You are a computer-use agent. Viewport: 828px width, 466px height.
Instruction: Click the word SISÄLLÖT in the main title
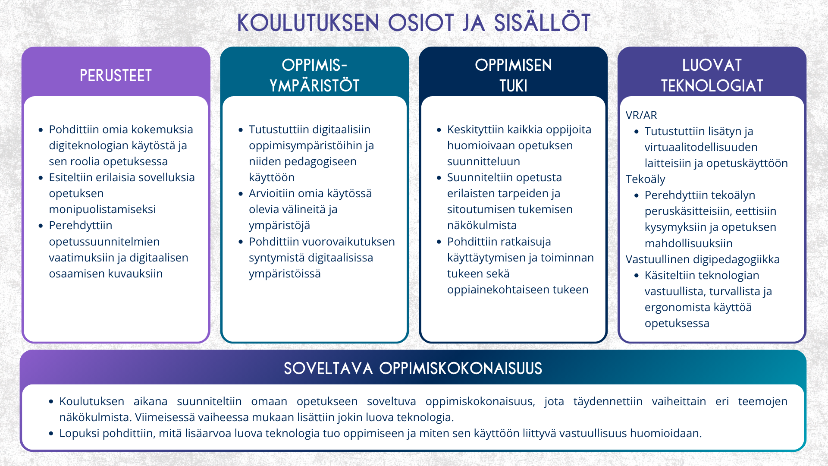pos(542,23)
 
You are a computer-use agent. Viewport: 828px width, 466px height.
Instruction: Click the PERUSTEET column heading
pos(116,76)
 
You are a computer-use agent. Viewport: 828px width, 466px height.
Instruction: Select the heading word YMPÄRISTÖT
pos(314,86)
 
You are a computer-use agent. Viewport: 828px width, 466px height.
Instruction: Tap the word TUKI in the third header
pos(513,86)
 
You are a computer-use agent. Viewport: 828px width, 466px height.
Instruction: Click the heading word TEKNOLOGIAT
pos(712,86)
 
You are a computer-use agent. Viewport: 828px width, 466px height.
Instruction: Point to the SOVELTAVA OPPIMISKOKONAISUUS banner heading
pos(413,368)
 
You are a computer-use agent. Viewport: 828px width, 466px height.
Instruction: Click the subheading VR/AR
pos(641,115)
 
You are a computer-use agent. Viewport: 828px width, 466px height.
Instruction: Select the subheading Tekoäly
pos(645,179)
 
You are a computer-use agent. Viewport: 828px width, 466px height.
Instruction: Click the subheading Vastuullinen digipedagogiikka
pos(703,259)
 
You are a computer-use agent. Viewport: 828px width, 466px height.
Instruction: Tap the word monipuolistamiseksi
pos(102,209)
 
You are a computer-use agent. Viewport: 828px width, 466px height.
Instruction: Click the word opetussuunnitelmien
pos(104,242)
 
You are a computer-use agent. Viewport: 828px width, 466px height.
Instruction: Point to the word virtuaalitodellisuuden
pos(701,147)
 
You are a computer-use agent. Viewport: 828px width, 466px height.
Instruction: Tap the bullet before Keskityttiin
pos(439,130)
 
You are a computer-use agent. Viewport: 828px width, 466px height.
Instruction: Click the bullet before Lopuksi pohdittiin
pos(51,433)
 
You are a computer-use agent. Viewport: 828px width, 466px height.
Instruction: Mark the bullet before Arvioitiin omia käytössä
pos(241,194)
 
